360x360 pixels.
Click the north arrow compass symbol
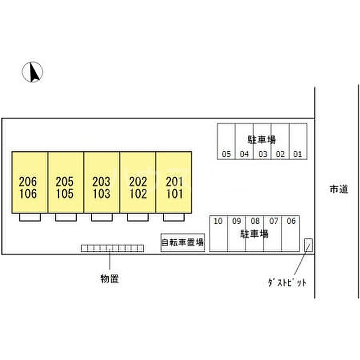[x=33, y=71]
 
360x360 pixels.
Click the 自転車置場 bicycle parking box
[x=183, y=243]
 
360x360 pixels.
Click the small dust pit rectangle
[x=309, y=245]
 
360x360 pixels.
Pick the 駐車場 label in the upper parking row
[x=262, y=138]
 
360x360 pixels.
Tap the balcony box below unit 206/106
[x=30, y=217]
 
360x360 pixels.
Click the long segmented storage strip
[x=112, y=248]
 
